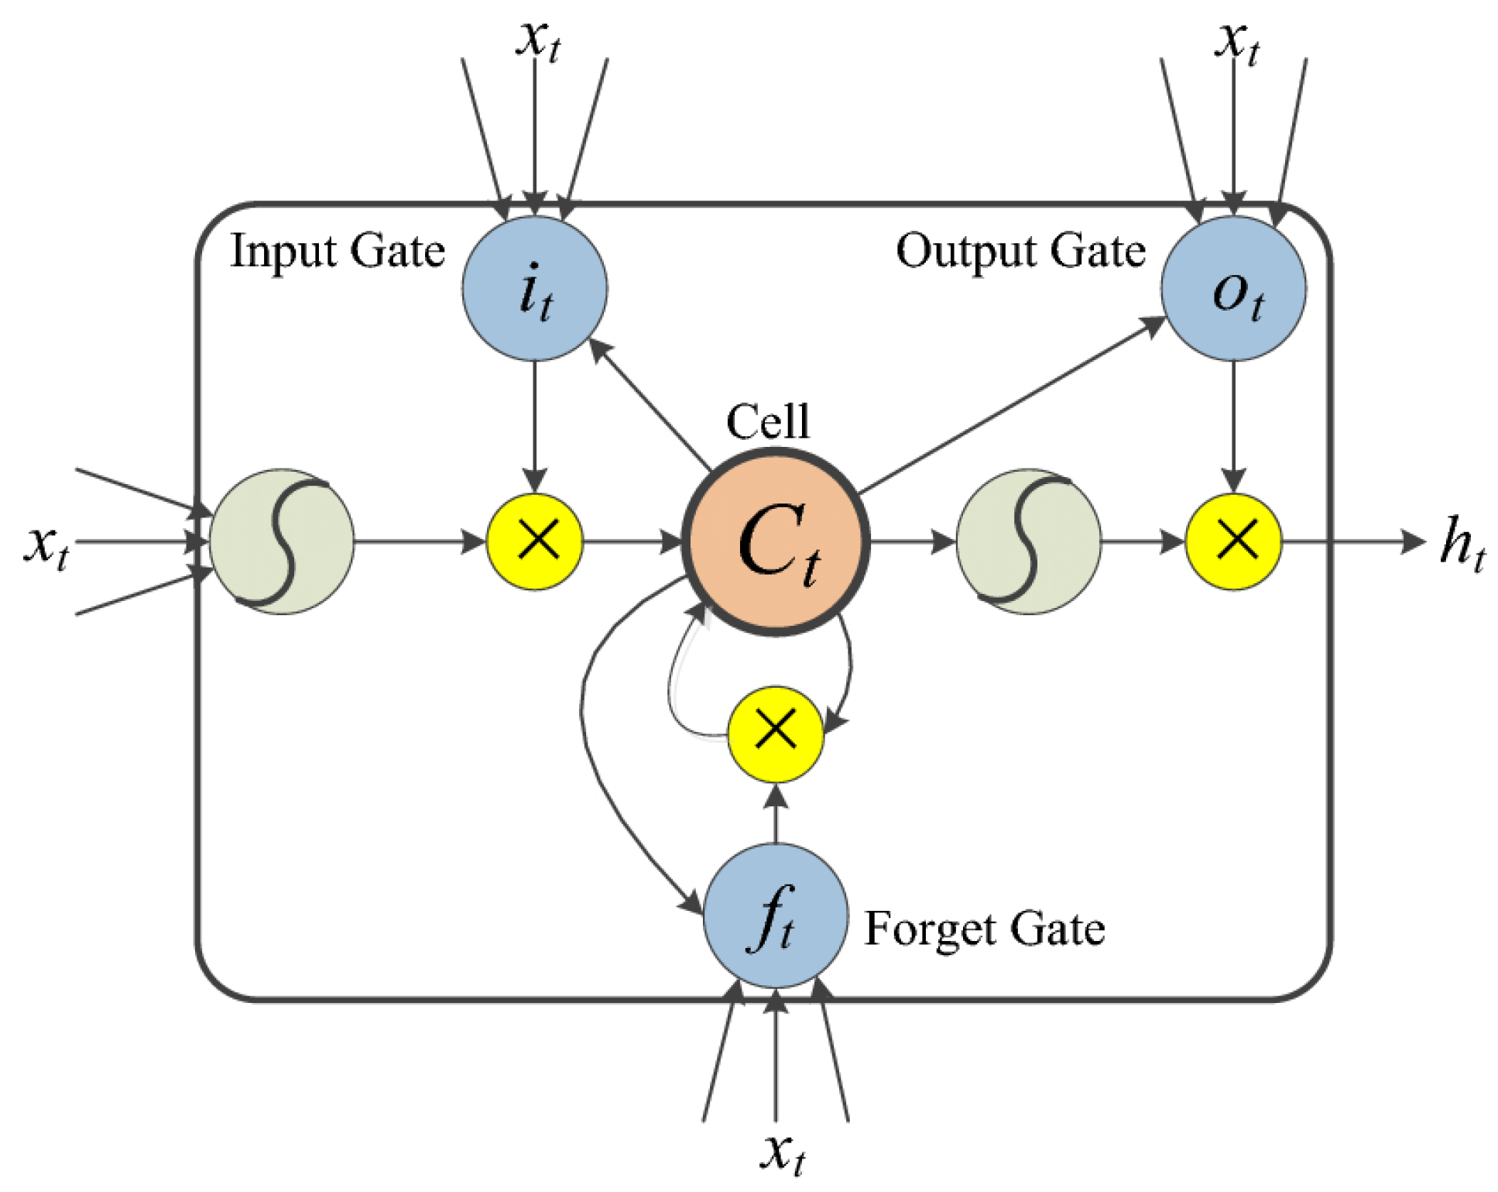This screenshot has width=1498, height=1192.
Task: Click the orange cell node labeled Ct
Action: tap(776, 541)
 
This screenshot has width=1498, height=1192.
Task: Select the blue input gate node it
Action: tap(534, 288)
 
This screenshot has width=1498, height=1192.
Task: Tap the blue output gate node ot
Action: tap(1233, 288)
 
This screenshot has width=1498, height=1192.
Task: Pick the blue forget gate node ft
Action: tap(775, 916)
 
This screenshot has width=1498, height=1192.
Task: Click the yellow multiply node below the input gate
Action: tap(534, 541)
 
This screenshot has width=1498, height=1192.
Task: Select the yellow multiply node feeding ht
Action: tap(1233, 541)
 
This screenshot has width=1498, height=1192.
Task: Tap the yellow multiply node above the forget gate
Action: tap(775, 733)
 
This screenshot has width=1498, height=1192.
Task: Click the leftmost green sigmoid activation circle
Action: tap(282, 541)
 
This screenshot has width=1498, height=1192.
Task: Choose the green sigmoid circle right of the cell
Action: tap(1028, 541)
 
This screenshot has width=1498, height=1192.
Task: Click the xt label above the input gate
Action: tap(538, 39)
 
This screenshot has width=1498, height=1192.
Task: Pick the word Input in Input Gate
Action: tap(283, 252)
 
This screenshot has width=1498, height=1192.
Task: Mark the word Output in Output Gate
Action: tap(965, 252)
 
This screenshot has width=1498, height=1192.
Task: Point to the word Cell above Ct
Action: tap(767, 422)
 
